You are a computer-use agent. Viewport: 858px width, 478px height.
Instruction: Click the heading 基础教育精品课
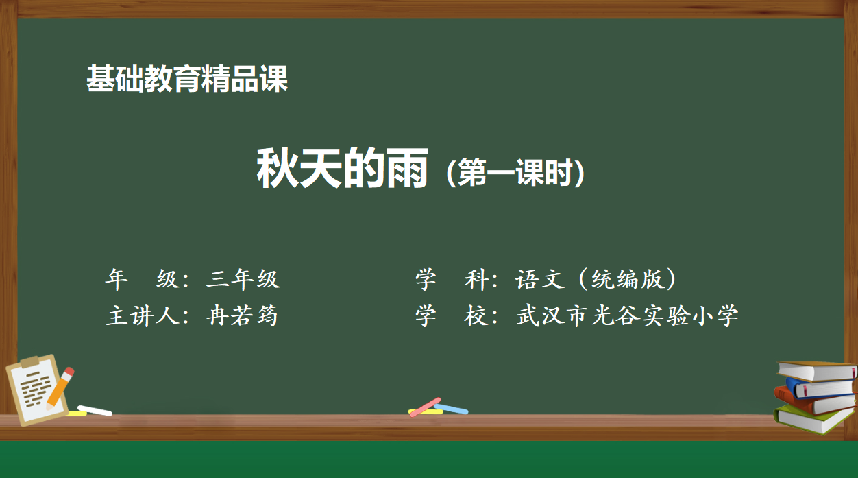(187, 79)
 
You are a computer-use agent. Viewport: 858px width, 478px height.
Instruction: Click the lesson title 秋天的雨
(342, 168)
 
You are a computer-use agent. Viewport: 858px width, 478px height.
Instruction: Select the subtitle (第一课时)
(515, 173)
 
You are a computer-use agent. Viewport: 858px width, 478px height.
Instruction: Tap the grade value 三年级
(243, 279)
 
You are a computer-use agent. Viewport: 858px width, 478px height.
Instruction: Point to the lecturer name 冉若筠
(242, 316)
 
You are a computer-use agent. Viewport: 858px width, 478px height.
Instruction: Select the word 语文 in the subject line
(540, 279)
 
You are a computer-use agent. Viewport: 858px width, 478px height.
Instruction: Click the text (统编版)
(628, 279)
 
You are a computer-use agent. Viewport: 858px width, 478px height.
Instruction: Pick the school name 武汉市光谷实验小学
(627, 316)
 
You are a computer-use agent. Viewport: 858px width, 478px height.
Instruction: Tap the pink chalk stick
(425, 407)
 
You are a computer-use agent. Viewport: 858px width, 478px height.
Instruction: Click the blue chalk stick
(451, 409)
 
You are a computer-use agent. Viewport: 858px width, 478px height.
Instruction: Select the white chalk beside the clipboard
(95, 411)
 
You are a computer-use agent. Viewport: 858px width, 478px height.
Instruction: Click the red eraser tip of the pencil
(69, 372)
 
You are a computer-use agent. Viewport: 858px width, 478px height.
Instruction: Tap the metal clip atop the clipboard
(31, 361)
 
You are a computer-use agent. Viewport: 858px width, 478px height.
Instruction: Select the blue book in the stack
(820, 388)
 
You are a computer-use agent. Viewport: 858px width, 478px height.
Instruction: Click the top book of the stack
(817, 371)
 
